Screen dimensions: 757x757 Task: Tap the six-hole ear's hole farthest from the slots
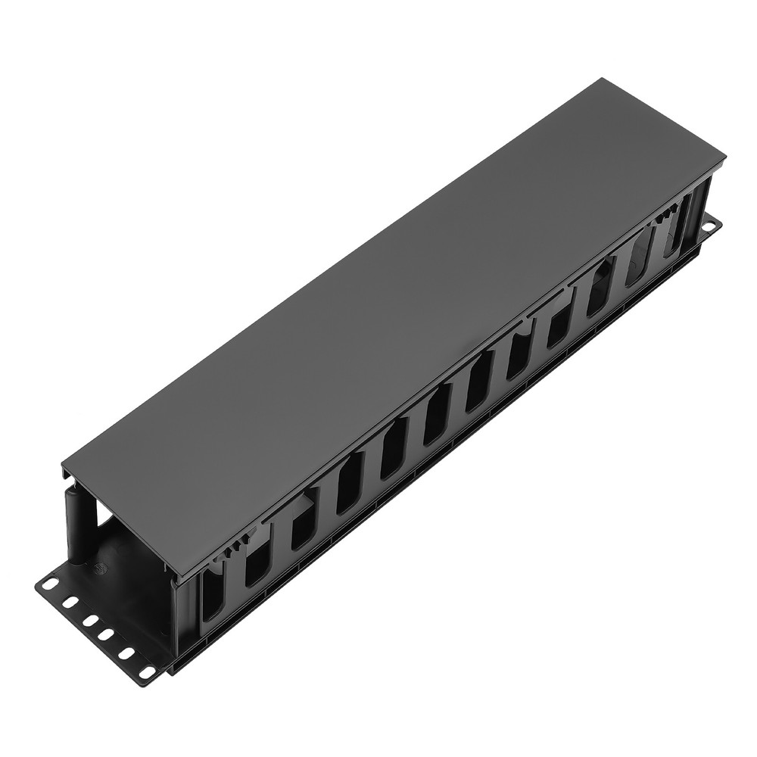(x=50, y=584)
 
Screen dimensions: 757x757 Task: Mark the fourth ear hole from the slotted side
(x=89, y=619)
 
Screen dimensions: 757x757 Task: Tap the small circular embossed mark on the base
(x=97, y=565)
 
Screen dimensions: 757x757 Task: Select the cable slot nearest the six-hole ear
(x=213, y=597)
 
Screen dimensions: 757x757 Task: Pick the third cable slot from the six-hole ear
(x=304, y=525)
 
